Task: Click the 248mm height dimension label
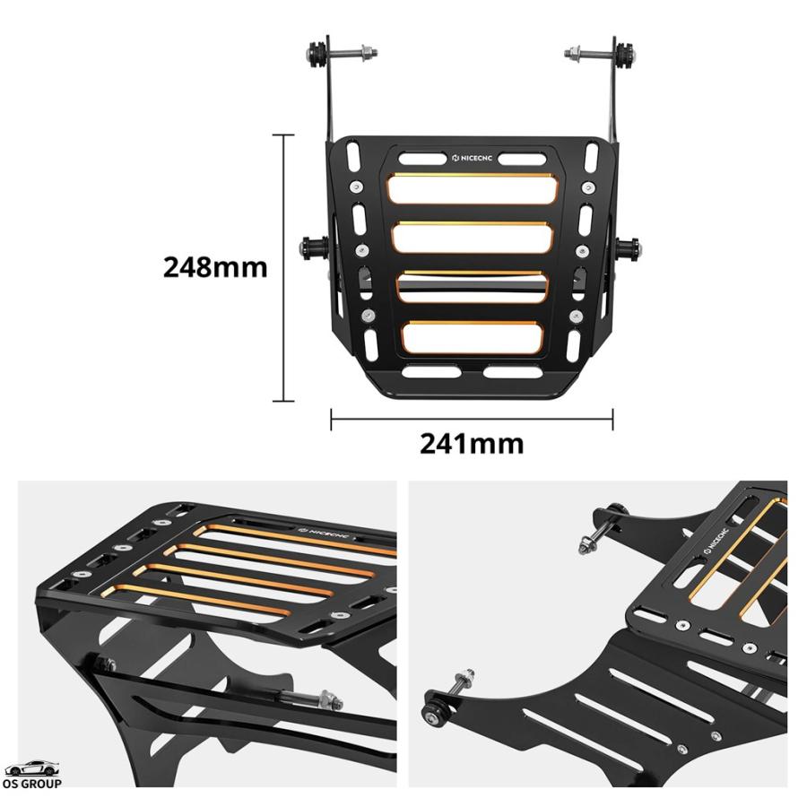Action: [215, 267]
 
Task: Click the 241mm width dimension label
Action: [472, 444]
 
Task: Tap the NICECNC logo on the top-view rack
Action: [472, 158]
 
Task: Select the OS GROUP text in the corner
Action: [32, 784]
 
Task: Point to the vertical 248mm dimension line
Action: [283, 267]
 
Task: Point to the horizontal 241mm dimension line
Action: [472, 419]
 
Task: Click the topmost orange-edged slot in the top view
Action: [473, 188]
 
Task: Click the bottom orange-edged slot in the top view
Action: [473, 338]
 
